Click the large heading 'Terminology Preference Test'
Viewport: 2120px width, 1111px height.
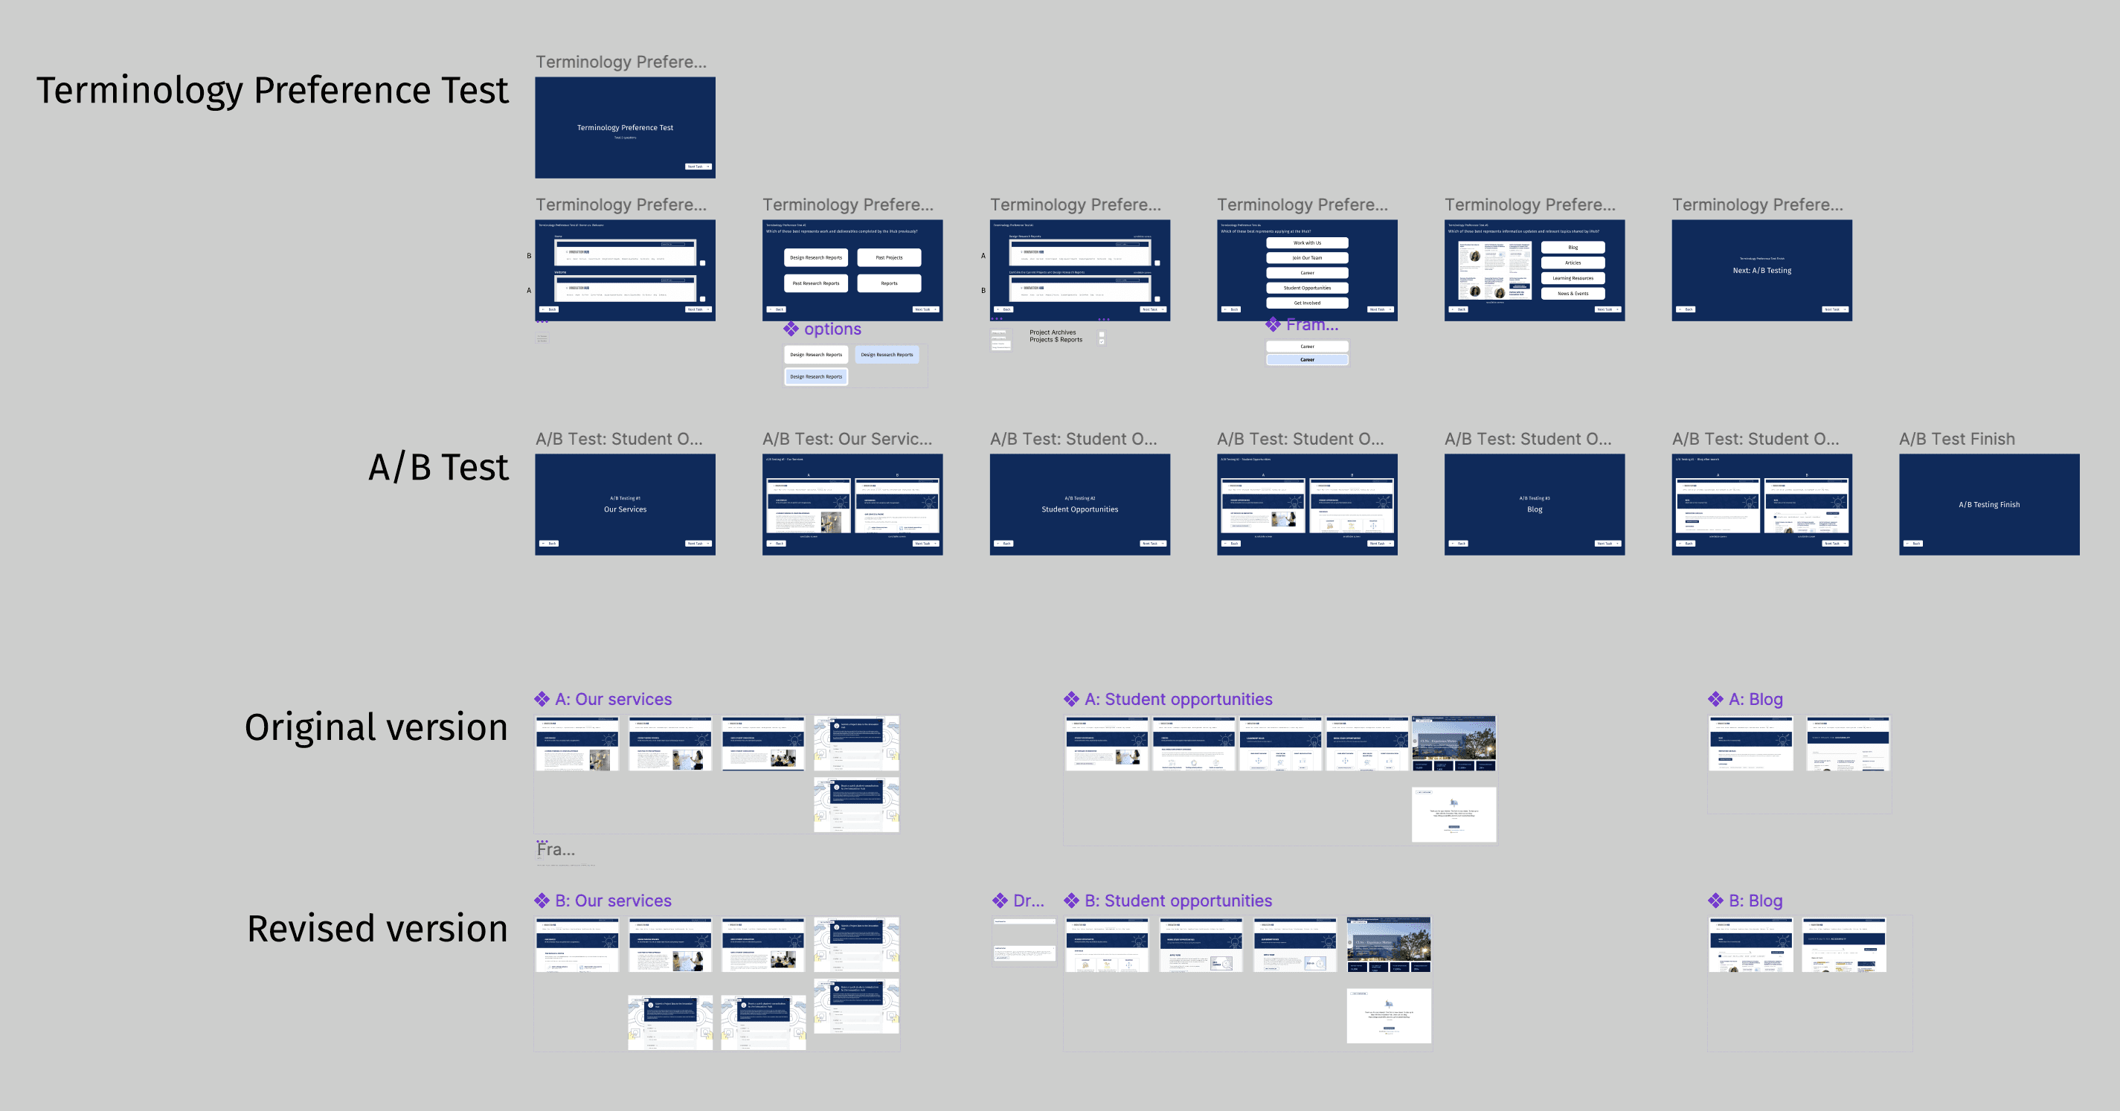(x=272, y=91)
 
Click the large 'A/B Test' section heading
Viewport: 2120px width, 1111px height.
(x=438, y=468)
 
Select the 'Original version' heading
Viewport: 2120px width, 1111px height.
(x=376, y=727)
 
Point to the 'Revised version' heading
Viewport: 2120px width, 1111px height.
(x=377, y=929)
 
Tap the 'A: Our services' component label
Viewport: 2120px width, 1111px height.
(x=612, y=700)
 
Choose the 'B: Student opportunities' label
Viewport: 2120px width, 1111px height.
(x=1178, y=901)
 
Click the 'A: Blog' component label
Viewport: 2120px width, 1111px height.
(x=1755, y=700)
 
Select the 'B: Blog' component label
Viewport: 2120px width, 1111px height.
(x=1755, y=901)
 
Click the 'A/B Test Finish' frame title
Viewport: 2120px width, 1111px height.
(x=1956, y=439)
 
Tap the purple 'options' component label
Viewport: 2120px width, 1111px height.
(x=832, y=329)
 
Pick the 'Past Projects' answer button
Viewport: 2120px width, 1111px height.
(x=889, y=257)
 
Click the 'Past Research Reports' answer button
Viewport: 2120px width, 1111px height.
(x=815, y=283)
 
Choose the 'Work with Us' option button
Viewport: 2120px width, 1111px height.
(x=1307, y=242)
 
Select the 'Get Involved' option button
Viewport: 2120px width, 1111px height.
(x=1307, y=303)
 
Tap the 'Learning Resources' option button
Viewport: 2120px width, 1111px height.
(x=1573, y=278)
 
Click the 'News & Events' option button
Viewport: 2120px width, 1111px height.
(x=1573, y=294)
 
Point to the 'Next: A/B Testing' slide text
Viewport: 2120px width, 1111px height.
(x=1762, y=271)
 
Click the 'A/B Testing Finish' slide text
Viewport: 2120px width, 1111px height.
(x=1989, y=505)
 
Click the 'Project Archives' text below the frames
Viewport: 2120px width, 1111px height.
(x=1053, y=332)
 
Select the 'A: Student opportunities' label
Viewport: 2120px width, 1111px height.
(x=1178, y=700)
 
